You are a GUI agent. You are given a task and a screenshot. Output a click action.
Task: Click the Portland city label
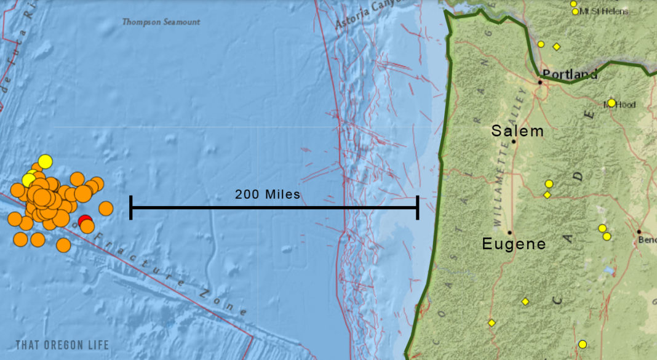(570, 74)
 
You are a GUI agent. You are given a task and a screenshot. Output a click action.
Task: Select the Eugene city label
(514, 244)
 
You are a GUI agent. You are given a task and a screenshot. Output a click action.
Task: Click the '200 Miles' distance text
(268, 194)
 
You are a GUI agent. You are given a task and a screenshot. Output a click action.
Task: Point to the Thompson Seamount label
(161, 22)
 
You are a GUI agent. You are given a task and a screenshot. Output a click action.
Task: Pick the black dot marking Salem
(514, 142)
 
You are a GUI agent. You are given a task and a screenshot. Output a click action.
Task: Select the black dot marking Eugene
(510, 233)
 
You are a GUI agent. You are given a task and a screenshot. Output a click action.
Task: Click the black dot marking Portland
(540, 82)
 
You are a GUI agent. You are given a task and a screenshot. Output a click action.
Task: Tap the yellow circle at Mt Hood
(611, 103)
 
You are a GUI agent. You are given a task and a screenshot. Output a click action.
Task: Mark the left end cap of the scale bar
(131, 207)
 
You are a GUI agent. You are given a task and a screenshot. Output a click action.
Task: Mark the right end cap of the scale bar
(418, 207)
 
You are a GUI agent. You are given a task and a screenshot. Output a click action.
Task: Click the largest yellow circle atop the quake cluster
(45, 162)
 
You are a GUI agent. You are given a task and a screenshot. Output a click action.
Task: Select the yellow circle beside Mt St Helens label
(575, 11)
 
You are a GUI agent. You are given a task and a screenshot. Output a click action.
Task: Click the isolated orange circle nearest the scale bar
(106, 209)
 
